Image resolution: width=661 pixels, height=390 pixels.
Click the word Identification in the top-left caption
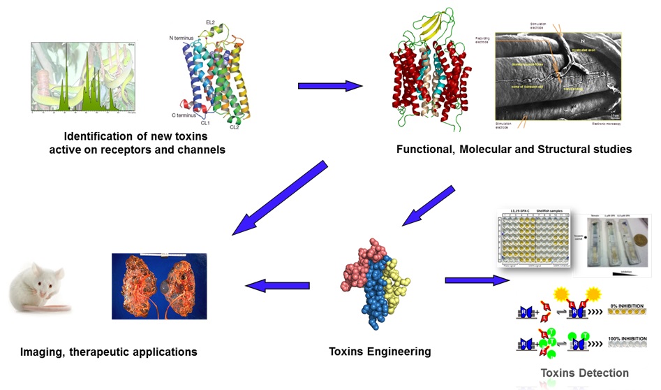99,136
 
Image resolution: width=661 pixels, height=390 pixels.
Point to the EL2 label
210,22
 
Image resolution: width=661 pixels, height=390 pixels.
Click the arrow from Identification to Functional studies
329,86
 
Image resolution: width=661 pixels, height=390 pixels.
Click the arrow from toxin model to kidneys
276,285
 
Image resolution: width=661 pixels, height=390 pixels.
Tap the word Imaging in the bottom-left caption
43,352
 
